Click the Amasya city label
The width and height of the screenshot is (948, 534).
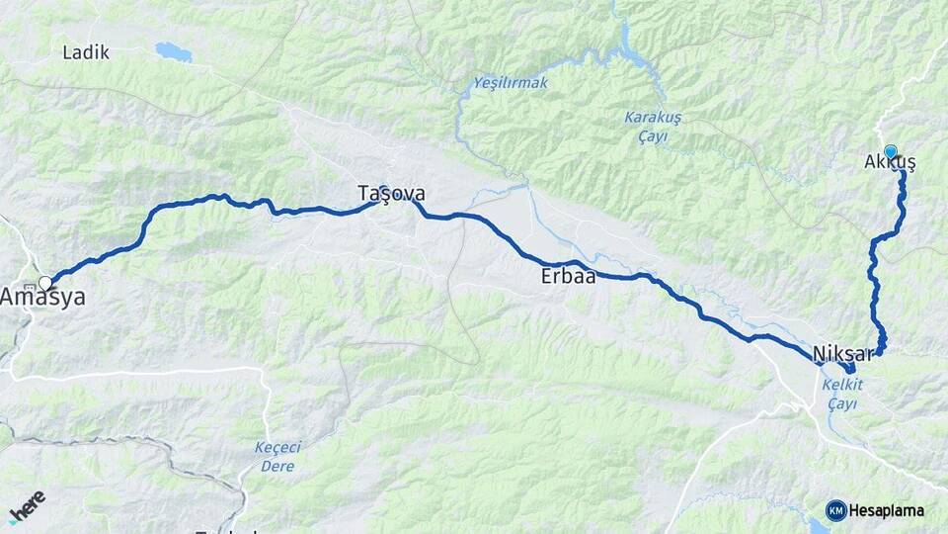pyautogui.click(x=42, y=297)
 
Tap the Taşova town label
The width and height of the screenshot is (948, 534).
pyautogui.click(x=391, y=194)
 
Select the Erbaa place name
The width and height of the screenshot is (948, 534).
pyautogui.click(x=568, y=277)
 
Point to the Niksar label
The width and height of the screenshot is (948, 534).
pyautogui.click(x=844, y=354)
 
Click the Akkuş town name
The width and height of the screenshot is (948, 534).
pyautogui.click(x=889, y=163)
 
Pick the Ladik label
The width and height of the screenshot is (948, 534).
pyautogui.click(x=86, y=52)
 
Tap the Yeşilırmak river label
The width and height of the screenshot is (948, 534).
pyautogui.click(x=510, y=82)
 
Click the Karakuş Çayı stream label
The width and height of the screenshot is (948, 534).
pyautogui.click(x=653, y=127)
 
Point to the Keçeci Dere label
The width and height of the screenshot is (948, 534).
pyautogui.click(x=276, y=456)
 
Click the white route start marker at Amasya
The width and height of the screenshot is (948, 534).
pyautogui.click(x=44, y=283)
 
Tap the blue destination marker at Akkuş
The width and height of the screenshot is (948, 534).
pyautogui.click(x=891, y=151)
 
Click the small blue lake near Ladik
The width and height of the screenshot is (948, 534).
pyautogui.click(x=174, y=50)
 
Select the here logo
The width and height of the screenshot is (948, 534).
pyautogui.click(x=27, y=506)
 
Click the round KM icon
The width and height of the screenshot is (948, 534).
pyautogui.click(x=835, y=510)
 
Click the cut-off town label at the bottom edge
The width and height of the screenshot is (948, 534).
pyautogui.click(x=227, y=531)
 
